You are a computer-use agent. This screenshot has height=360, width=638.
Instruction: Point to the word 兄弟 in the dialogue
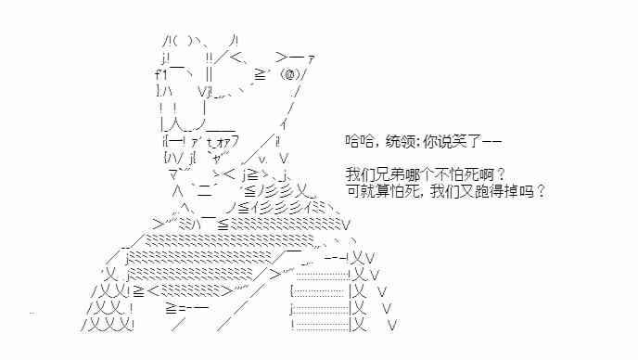[x=389, y=174]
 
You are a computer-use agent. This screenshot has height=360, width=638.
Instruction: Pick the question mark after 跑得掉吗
[x=540, y=192]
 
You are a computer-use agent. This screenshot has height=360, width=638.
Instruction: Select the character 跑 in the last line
[x=486, y=192]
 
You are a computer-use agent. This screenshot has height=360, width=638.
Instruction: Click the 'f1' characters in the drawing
[x=160, y=74]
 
